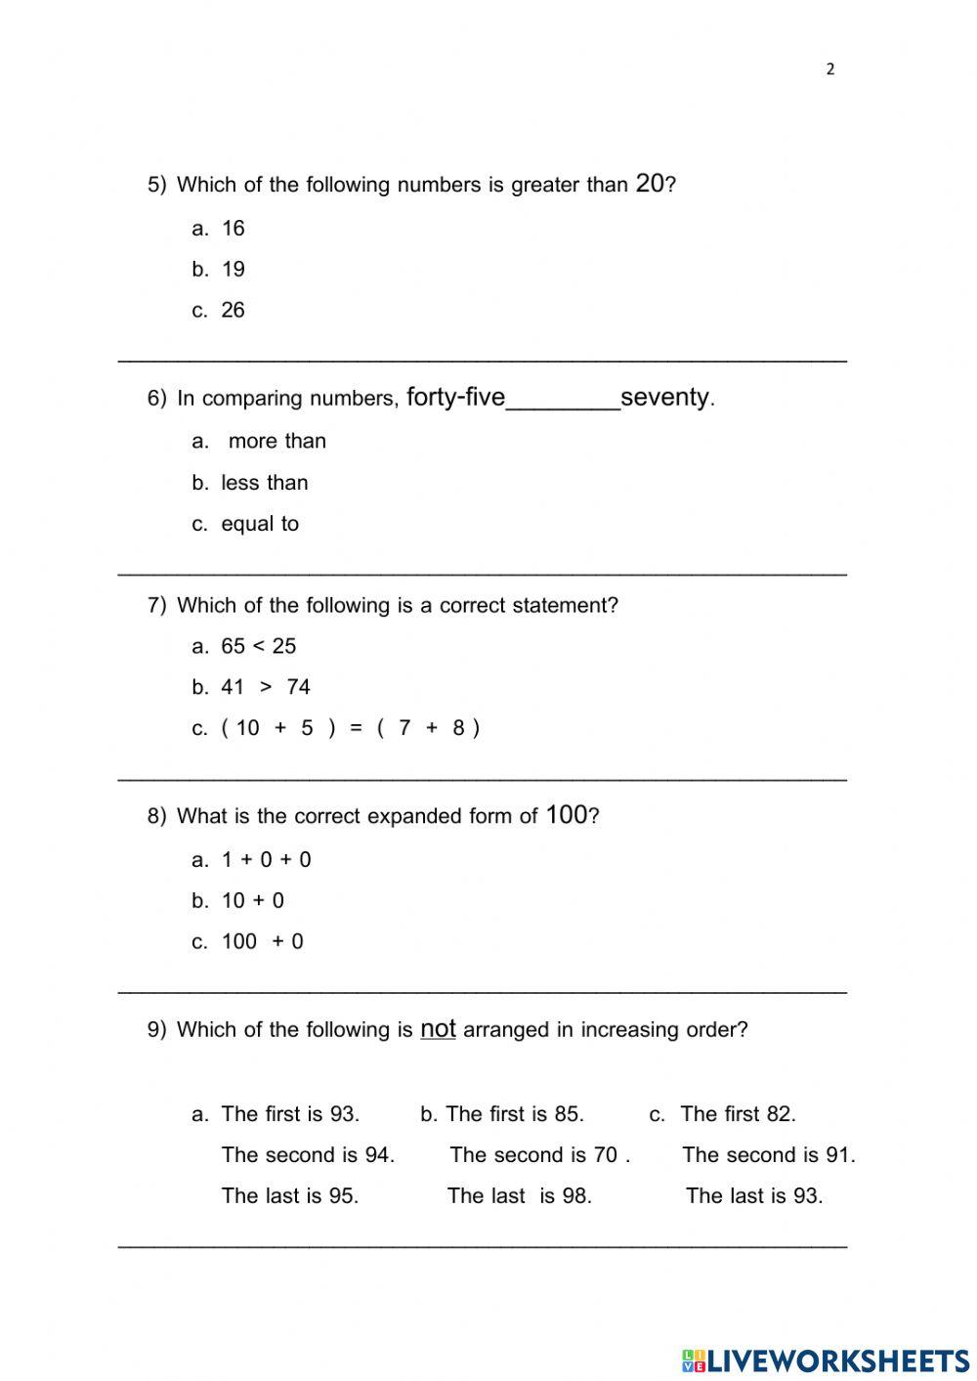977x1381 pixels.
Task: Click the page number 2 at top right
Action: click(830, 69)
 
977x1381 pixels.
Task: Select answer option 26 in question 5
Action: click(233, 310)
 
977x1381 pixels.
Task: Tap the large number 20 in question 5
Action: click(650, 183)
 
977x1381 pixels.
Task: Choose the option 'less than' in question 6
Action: click(264, 483)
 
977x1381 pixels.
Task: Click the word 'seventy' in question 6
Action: click(664, 397)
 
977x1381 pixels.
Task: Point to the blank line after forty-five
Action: click(563, 401)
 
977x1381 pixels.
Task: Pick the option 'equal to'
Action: click(260, 524)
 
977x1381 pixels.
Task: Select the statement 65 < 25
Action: click(258, 646)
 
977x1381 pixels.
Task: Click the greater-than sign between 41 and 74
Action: click(266, 687)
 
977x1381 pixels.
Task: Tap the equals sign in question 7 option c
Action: click(356, 728)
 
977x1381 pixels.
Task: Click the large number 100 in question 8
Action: click(567, 814)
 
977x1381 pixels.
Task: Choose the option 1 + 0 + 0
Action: click(266, 860)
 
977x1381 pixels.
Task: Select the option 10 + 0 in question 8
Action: click(252, 901)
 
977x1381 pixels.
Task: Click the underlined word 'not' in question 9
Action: click(438, 1028)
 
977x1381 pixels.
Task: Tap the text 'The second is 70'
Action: click(533, 1155)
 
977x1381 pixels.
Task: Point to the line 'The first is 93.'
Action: click(290, 1114)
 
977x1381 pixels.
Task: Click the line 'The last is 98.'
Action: click(520, 1196)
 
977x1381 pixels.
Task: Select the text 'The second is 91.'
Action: click(769, 1155)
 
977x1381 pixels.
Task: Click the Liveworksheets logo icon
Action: click(694, 1360)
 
